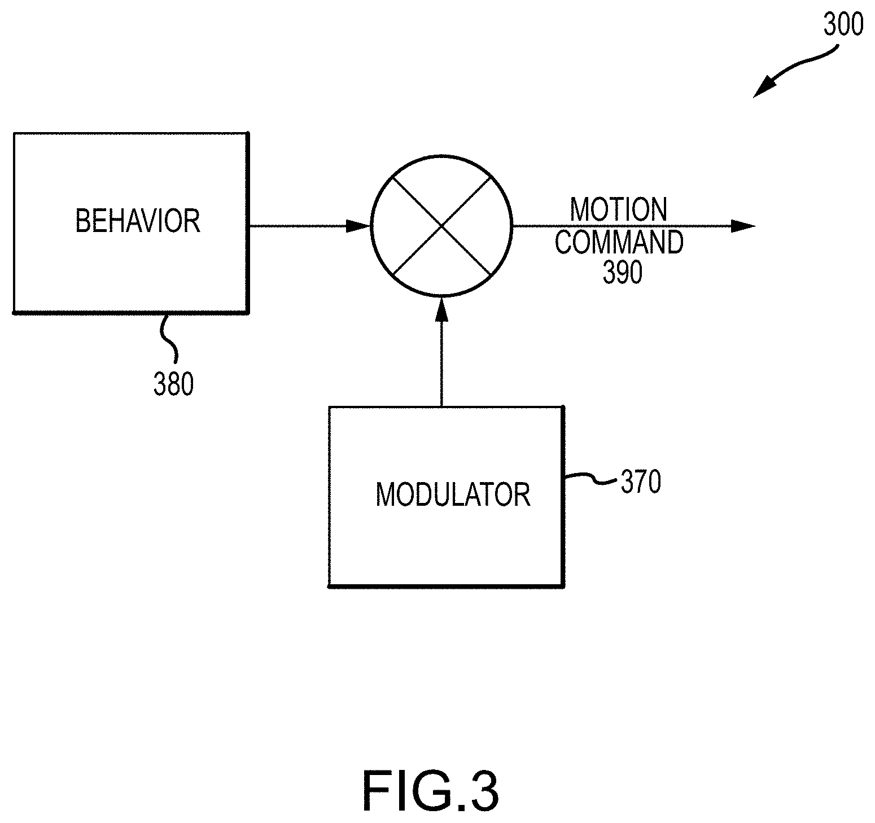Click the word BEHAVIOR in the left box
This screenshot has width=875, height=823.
click(138, 221)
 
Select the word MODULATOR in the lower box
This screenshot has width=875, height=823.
click(453, 494)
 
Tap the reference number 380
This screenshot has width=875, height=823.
click(173, 384)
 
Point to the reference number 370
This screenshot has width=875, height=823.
click(641, 483)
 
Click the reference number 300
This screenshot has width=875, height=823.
click(843, 25)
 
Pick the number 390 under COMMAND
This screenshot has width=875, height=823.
click(623, 273)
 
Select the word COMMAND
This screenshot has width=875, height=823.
click(619, 242)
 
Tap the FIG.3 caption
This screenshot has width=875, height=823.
click(430, 791)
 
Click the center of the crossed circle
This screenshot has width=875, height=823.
click(441, 226)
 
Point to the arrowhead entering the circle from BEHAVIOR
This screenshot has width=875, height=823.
click(358, 226)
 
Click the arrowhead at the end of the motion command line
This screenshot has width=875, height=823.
click(743, 226)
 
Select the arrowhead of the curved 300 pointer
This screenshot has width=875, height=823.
click(763, 89)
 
